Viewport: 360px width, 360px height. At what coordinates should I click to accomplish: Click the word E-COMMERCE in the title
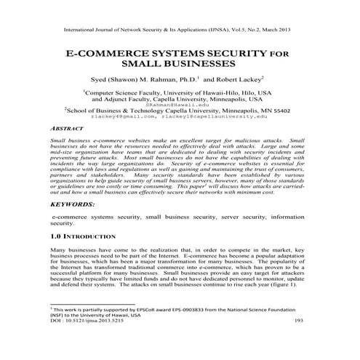[101, 54]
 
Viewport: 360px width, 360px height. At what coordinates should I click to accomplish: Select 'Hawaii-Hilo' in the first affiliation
[216, 93]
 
